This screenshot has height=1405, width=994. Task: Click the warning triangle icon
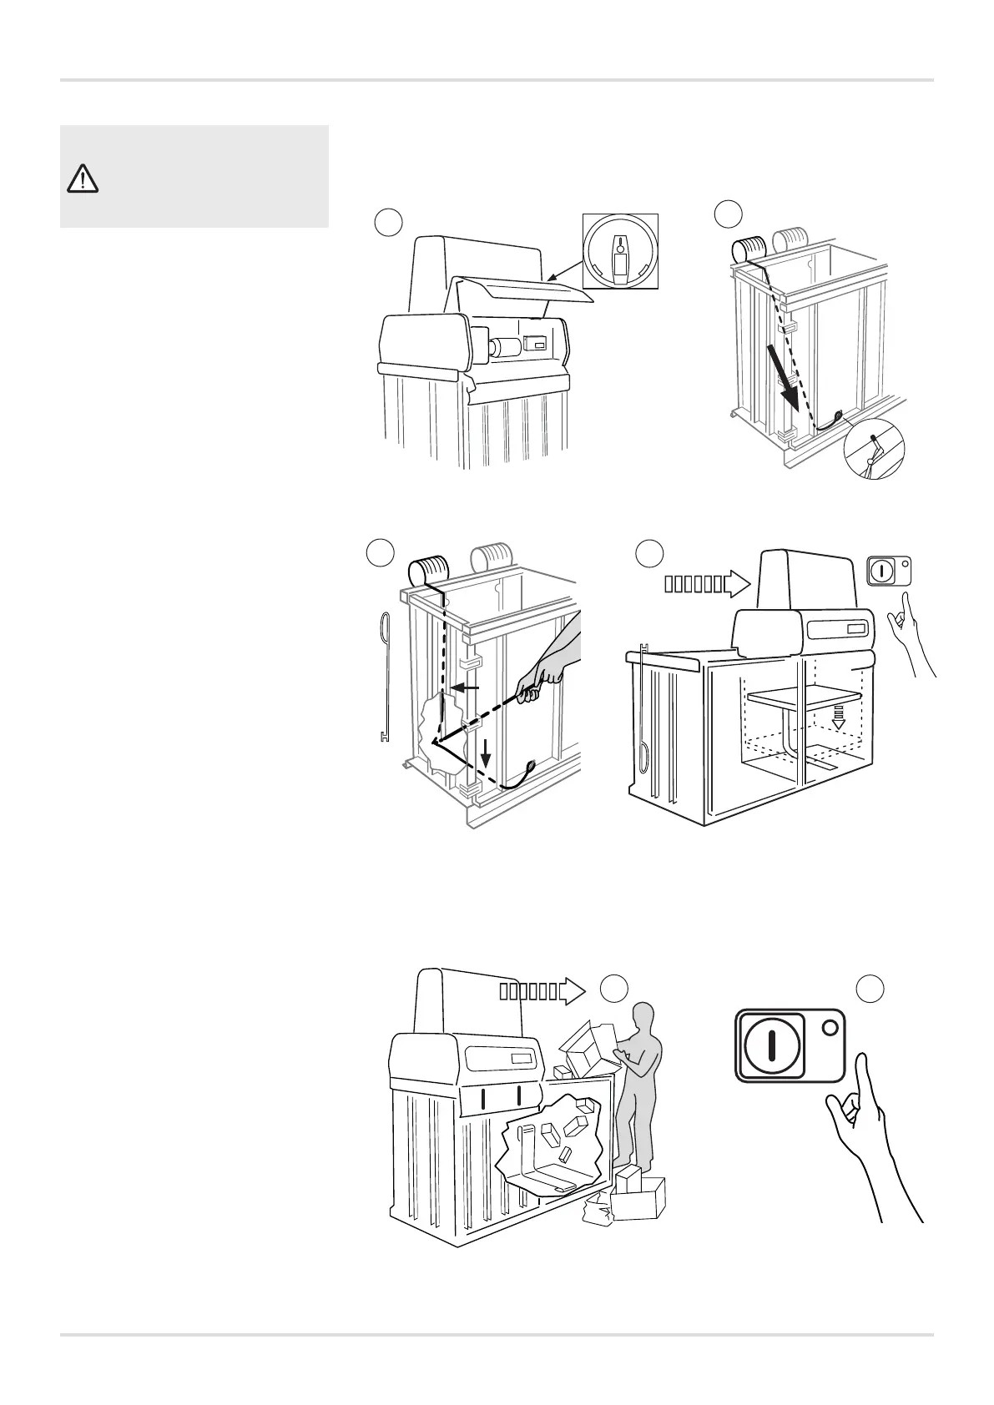[x=83, y=179]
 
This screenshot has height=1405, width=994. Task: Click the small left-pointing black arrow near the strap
[x=466, y=688]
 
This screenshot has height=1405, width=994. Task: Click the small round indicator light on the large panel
[x=829, y=1028]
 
